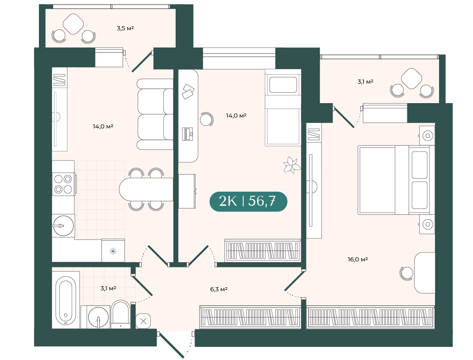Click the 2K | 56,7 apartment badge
(248, 201)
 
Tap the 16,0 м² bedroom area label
(358, 259)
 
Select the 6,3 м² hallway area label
(219, 289)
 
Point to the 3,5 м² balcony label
(125, 28)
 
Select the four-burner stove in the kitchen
(63, 184)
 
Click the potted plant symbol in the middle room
(291, 165)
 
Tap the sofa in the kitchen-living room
(155, 114)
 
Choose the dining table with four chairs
(146, 189)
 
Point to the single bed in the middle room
(283, 108)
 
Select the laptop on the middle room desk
(187, 134)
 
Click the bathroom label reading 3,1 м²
(108, 289)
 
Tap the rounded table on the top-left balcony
(74, 24)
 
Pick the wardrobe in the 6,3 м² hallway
(250, 317)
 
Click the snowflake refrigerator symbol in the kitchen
(113, 251)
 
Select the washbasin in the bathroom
(98, 317)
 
